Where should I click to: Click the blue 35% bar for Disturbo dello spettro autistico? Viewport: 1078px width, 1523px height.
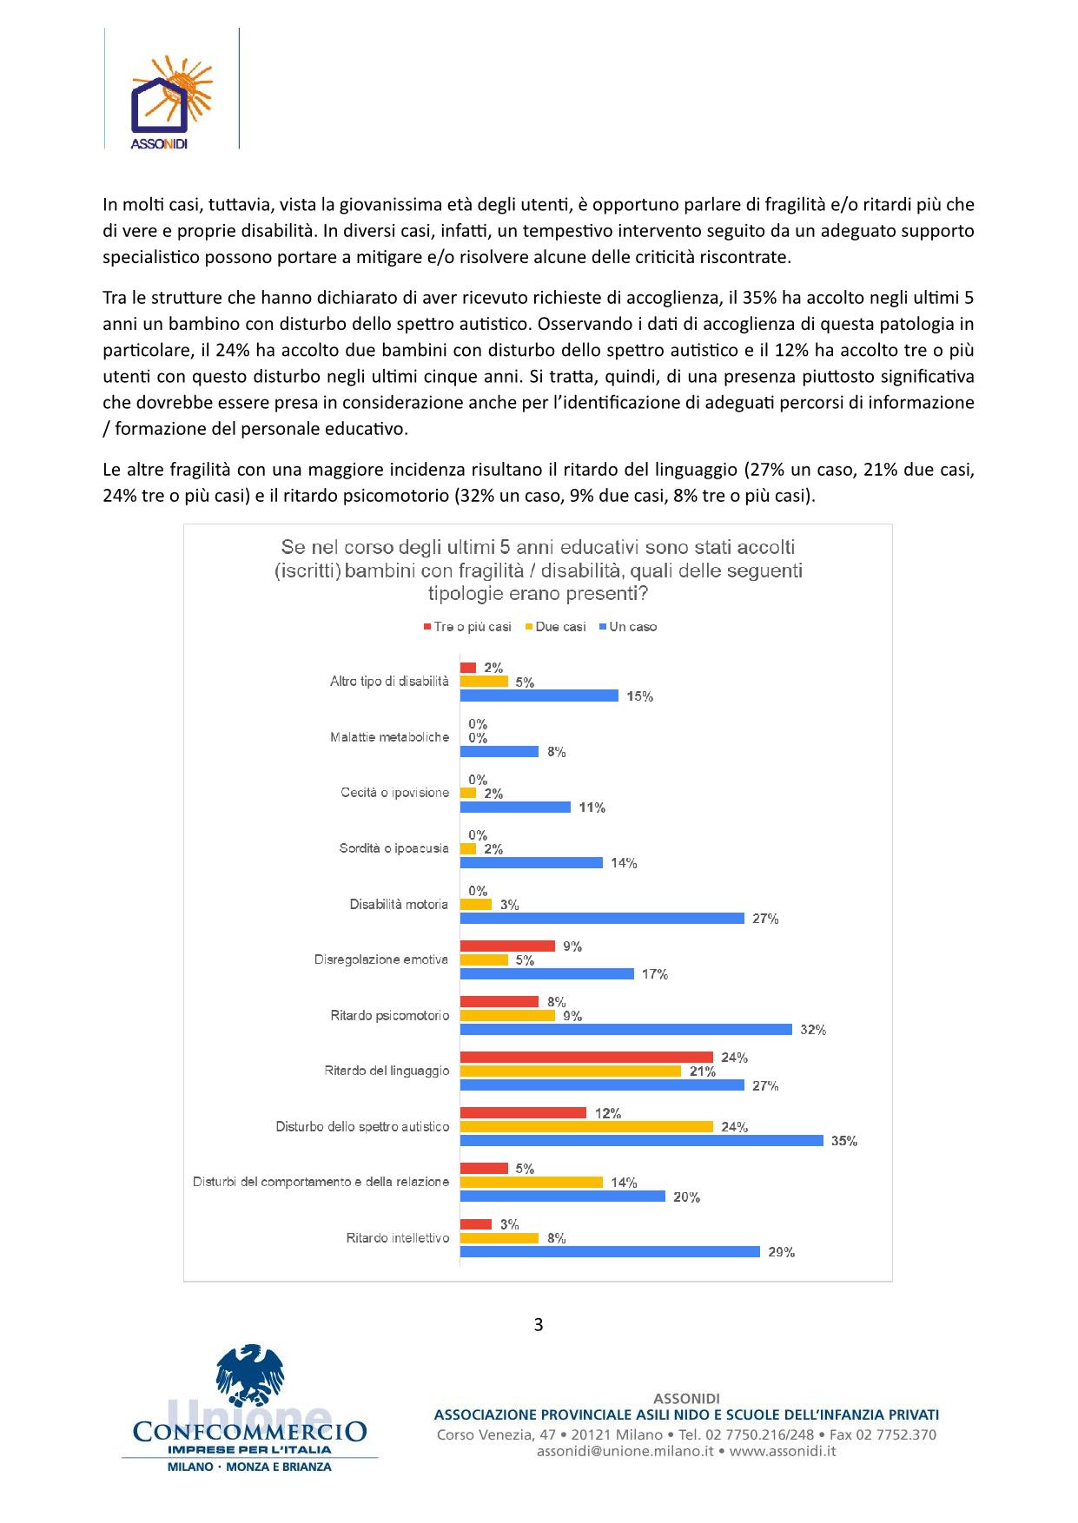click(641, 1140)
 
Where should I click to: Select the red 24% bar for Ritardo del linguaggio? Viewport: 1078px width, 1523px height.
click(586, 1057)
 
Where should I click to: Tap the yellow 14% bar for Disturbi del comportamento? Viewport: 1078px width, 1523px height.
click(531, 1182)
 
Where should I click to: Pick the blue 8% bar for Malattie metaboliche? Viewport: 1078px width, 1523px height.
click(499, 751)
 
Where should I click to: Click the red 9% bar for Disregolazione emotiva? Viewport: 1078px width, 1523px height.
click(507, 946)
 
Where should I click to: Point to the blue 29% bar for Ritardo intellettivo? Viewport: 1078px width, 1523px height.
click(610, 1251)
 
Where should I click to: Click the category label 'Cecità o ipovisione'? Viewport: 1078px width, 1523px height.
click(394, 793)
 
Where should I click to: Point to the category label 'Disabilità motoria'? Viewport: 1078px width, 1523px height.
click(399, 904)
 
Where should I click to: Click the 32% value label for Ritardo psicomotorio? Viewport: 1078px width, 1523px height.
click(813, 1030)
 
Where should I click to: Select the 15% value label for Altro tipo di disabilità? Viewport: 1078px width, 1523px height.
click(640, 696)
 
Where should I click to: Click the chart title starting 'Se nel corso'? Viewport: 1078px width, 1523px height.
click(538, 570)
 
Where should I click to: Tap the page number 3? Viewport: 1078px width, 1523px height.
click(539, 1324)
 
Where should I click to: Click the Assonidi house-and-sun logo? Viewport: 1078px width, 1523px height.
click(171, 96)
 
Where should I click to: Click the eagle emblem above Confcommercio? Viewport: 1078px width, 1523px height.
click(249, 1375)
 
